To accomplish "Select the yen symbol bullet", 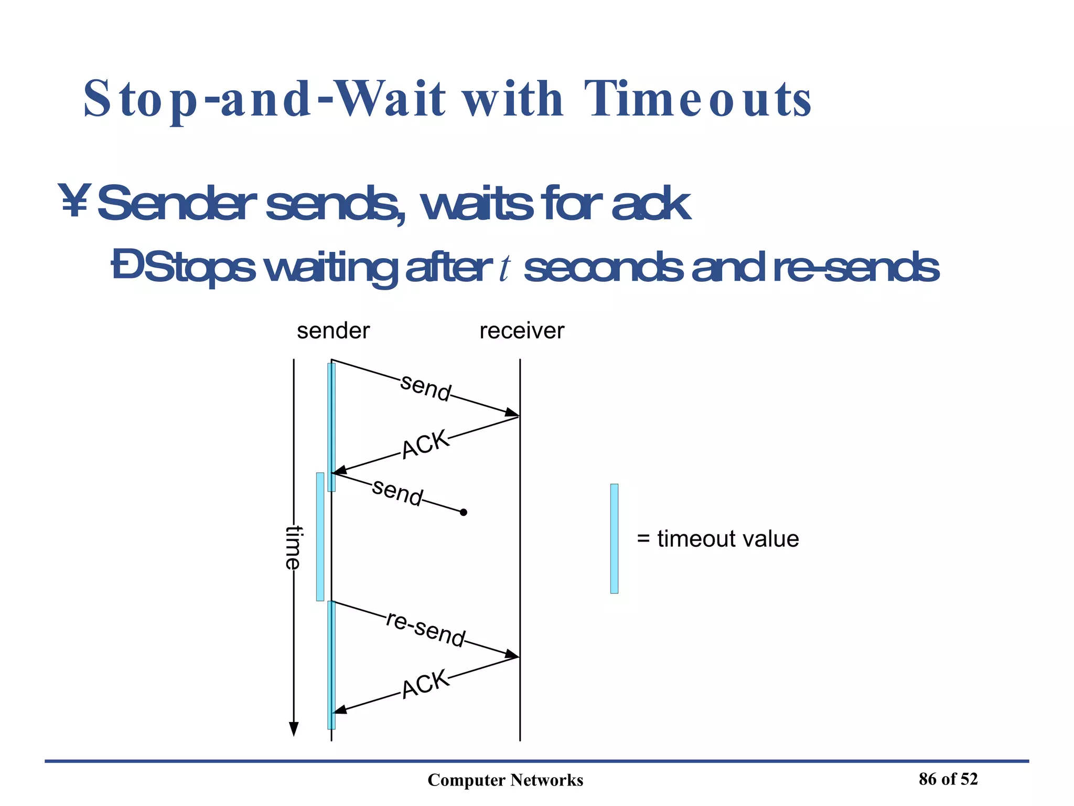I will click(x=74, y=200).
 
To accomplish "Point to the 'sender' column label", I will click(x=333, y=331).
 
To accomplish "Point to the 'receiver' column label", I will click(x=522, y=331).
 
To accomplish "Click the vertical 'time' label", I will click(x=293, y=547).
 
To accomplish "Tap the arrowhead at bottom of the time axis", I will click(x=294, y=729).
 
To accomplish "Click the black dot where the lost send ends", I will click(x=463, y=512).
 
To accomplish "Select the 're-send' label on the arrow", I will click(x=425, y=629).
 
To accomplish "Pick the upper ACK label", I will click(x=425, y=444).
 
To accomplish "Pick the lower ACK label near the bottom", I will click(x=425, y=683).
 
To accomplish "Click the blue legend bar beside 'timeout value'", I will click(x=614, y=538).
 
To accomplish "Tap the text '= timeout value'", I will click(x=717, y=539).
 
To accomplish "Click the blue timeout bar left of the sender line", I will click(x=320, y=536).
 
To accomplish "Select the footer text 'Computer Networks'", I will click(x=505, y=780).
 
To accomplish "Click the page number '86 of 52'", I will click(x=948, y=779).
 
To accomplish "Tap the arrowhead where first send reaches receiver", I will click(x=512, y=413).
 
